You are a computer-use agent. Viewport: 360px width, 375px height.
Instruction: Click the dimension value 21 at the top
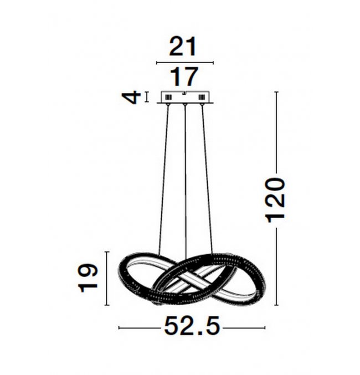click(x=183, y=47)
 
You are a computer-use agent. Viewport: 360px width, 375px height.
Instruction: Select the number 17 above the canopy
click(x=184, y=77)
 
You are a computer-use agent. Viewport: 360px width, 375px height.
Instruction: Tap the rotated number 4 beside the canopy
click(x=131, y=97)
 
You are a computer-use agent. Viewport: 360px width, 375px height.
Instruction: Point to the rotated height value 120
click(x=276, y=200)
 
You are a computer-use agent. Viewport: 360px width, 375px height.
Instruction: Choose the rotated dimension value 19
click(x=88, y=278)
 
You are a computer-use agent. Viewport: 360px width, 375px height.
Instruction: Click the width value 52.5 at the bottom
click(x=192, y=326)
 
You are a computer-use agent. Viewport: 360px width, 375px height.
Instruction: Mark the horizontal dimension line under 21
click(x=184, y=63)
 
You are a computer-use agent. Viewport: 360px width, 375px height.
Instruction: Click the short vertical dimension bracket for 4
click(x=146, y=97)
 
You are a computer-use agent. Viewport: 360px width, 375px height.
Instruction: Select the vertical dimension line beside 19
click(x=107, y=279)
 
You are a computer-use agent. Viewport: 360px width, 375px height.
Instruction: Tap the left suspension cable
click(x=163, y=180)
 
